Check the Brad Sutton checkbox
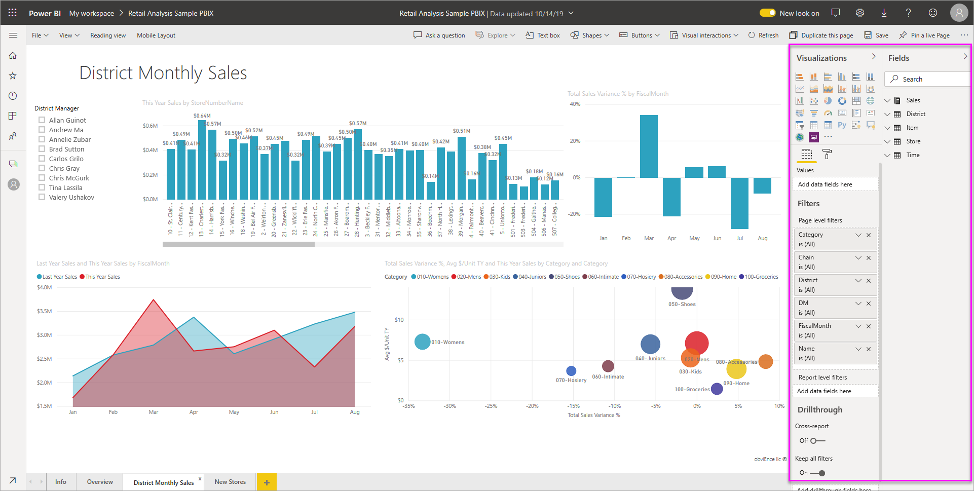42,149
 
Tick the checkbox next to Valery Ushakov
42,197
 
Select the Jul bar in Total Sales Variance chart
739,203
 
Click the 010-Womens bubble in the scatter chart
422,342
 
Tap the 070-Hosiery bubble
571,371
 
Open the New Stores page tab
230,482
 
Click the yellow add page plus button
267,482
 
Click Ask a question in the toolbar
439,35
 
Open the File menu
40,35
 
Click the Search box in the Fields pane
927,79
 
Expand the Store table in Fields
887,141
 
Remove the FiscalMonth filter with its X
869,326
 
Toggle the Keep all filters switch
817,473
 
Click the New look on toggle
767,13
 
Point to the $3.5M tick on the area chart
45,311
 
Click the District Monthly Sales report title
163,73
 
